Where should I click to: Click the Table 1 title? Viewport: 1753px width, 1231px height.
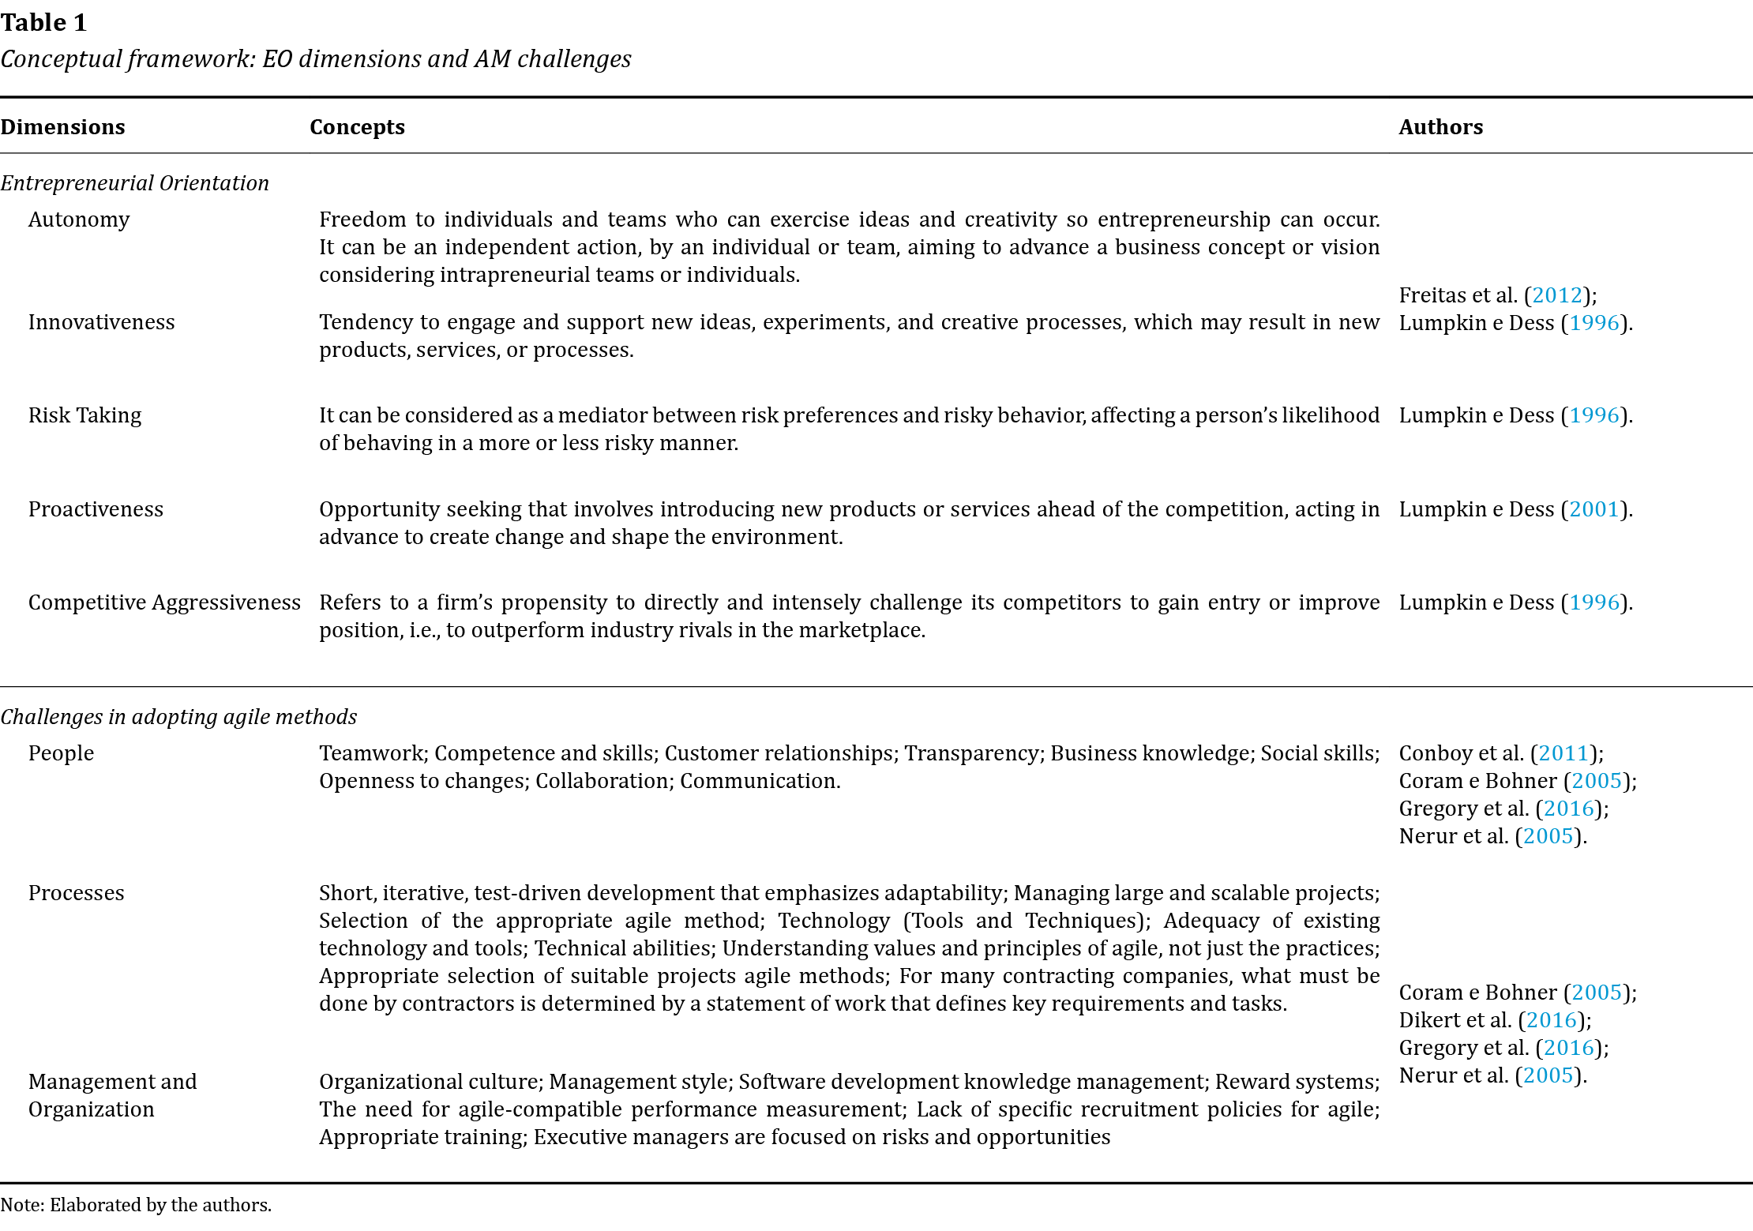(43, 23)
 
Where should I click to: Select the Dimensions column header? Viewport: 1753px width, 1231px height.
(62, 127)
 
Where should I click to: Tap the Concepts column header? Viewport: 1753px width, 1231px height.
(357, 127)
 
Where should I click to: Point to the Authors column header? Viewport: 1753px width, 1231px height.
(1440, 127)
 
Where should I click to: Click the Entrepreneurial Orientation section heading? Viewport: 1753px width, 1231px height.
(134, 183)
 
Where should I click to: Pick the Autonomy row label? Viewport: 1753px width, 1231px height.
(79, 220)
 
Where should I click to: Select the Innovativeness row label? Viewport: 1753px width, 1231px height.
(101, 322)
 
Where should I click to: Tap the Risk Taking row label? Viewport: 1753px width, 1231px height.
(84, 415)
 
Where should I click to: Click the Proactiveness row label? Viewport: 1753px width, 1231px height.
(96, 509)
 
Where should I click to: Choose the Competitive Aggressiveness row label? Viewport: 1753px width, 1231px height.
(164, 602)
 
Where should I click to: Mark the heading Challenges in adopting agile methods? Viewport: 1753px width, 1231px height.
(178, 717)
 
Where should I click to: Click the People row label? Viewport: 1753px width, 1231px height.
(61, 753)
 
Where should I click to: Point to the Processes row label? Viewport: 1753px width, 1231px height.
(76, 893)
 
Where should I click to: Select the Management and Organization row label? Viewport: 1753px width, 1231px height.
(112, 1095)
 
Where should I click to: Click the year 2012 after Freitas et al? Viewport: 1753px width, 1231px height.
(1557, 295)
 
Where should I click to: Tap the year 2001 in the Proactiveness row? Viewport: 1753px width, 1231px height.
(1593, 509)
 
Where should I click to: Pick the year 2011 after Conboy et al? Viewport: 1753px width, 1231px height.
(1563, 753)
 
